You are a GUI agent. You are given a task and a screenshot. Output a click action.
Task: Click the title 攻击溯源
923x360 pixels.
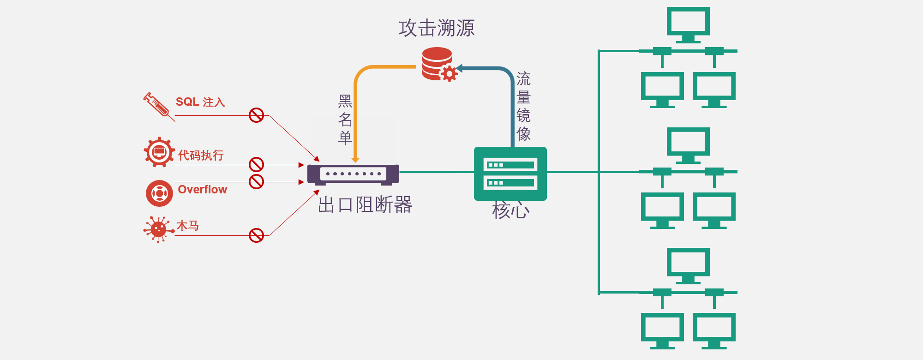click(437, 28)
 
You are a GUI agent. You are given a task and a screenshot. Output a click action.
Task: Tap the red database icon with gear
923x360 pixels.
click(438, 64)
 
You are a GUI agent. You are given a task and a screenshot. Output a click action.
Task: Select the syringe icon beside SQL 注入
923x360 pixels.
click(158, 106)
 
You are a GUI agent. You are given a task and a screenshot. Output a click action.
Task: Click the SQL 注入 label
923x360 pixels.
click(200, 102)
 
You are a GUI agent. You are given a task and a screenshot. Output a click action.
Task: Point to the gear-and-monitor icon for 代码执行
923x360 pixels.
click(159, 152)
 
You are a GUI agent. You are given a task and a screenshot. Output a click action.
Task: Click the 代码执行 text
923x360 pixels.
click(201, 156)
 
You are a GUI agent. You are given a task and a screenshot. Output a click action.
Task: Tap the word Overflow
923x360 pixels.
click(203, 190)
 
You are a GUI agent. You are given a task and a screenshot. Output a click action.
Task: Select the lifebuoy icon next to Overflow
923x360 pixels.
click(159, 193)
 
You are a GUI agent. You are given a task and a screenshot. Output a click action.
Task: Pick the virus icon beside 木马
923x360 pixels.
click(158, 229)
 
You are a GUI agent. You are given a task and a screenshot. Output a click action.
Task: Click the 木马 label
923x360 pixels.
click(188, 226)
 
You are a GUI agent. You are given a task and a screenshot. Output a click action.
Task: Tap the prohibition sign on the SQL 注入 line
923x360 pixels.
click(256, 115)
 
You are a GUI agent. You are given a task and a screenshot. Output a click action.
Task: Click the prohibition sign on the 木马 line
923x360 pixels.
click(256, 235)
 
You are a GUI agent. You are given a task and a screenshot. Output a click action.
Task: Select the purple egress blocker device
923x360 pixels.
click(353, 174)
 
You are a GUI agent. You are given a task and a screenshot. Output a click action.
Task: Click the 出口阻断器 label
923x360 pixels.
click(365, 205)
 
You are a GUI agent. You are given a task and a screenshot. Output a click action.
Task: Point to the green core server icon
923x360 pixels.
click(510, 174)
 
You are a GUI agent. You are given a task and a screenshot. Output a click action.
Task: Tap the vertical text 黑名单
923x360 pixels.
click(345, 120)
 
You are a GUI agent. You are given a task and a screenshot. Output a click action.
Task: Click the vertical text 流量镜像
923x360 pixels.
click(523, 106)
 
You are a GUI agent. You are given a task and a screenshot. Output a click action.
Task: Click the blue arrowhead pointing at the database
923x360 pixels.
click(459, 69)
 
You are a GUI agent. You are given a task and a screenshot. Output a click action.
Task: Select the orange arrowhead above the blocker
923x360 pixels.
click(355, 160)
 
